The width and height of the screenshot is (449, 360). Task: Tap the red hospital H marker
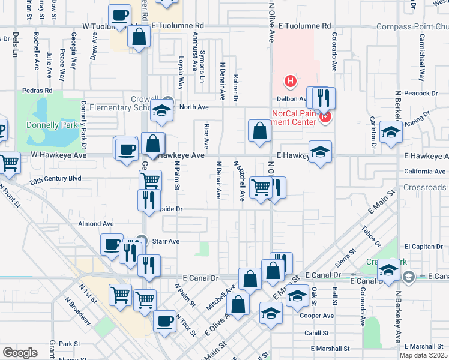(x=291, y=81)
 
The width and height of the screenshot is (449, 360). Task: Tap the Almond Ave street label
(x=96, y=224)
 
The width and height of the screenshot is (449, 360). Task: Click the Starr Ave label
(x=166, y=241)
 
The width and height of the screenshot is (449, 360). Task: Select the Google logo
(x=20, y=353)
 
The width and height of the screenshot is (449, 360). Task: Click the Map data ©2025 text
(x=423, y=355)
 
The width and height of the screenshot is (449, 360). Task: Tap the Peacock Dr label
(x=420, y=93)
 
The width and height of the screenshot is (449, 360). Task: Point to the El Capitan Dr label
(x=424, y=246)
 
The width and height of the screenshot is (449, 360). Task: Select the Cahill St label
(x=316, y=333)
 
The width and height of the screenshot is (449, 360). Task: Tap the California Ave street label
(x=424, y=172)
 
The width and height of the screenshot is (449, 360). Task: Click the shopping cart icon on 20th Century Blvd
(x=151, y=179)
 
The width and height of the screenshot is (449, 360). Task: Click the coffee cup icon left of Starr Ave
(x=112, y=245)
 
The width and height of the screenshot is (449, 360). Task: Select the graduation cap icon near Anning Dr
(x=391, y=132)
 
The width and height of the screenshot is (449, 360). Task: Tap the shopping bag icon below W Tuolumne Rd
(x=139, y=37)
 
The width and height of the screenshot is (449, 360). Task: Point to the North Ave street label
(x=193, y=107)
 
